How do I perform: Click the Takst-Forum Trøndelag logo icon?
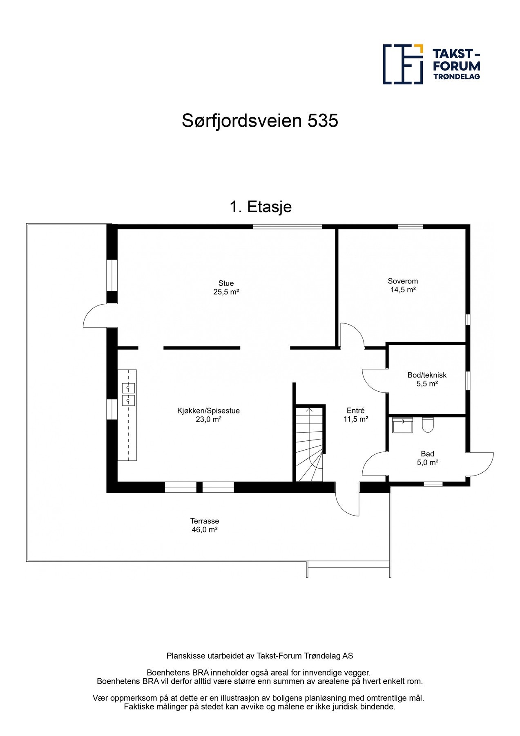[402, 64]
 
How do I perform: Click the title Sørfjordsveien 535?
[260, 121]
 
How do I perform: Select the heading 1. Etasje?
[260, 207]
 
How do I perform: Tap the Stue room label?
[226, 283]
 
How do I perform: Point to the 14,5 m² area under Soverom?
[403, 290]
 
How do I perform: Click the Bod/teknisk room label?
[427, 375]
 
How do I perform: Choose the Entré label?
[355, 411]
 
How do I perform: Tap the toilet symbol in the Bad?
[427, 425]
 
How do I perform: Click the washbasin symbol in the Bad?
[402, 425]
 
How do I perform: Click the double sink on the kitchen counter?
[128, 394]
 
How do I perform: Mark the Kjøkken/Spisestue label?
[208, 411]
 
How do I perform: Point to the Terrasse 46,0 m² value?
[204, 530]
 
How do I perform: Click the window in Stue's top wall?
[287, 227]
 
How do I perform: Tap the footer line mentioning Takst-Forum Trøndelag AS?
[260, 656]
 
